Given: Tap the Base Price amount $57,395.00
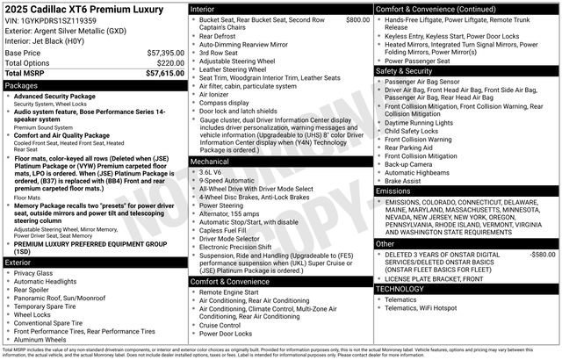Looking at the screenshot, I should pyautogui.click(x=164, y=53).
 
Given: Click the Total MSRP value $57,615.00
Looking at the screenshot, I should pyautogui.click(x=164, y=74).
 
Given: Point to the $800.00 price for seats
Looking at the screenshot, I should pyautogui.click(x=357, y=18).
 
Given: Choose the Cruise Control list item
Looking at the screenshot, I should pyautogui.click(x=226, y=325).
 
